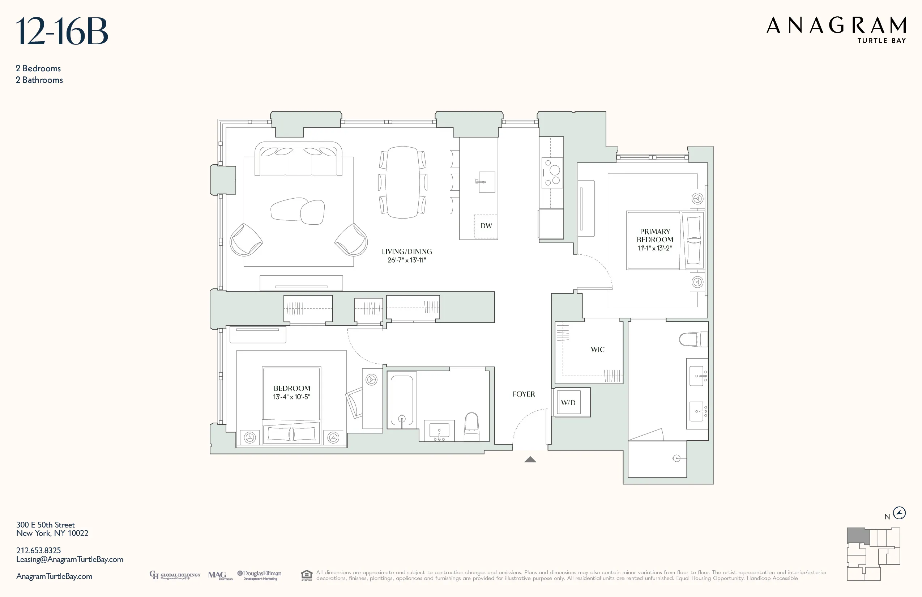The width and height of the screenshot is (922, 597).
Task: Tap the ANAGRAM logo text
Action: pyautogui.click(x=836, y=26)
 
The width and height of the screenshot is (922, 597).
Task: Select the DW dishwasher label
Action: pyautogui.click(x=486, y=226)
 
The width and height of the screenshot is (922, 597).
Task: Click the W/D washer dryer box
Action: pyautogui.click(x=568, y=403)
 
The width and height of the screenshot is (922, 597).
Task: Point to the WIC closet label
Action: pyautogui.click(x=597, y=350)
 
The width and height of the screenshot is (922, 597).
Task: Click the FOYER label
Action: pyautogui.click(x=524, y=394)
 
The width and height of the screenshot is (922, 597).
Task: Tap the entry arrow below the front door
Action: pyautogui.click(x=530, y=460)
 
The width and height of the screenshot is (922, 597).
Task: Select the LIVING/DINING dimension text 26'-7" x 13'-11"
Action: pyautogui.click(x=406, y=261)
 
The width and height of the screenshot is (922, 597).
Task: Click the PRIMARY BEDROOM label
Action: pyautogui.click(x=655, y=236)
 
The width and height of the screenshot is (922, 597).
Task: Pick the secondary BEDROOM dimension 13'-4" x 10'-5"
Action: pyautogui.click(x=291, y=397)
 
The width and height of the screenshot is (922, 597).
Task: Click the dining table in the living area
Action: pyautogui.click(x=402, y=182)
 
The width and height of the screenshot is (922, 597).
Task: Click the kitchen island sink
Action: pyautogui.click(x=486, y=182)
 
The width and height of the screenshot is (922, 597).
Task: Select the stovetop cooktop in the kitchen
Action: pyautogui.click(x=552, y=173)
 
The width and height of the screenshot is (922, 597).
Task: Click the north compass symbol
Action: pyautogui.click(x=899, y=513)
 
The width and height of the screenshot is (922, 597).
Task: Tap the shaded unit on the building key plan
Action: pyautogui.click(x=858, y=536)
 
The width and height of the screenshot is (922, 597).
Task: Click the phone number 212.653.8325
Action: pyautogui.click(x=38, y=550)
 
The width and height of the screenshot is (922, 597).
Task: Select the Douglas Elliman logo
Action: pyautogui.click(x=260, y=575)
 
